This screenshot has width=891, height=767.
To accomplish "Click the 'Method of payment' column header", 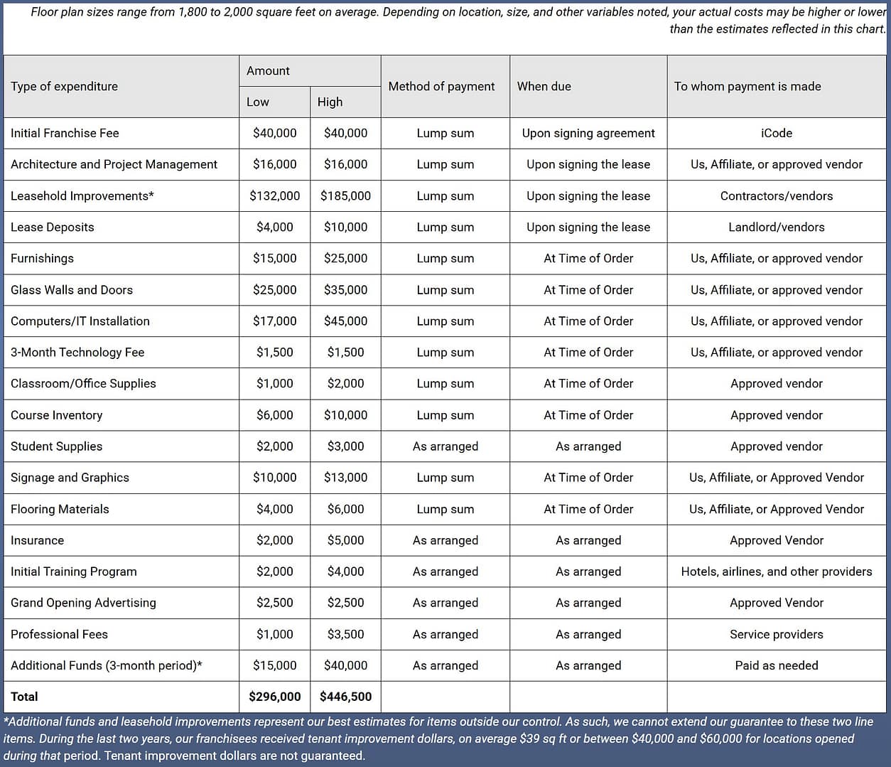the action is point(441,86).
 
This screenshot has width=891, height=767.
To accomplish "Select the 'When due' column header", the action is point(544,86).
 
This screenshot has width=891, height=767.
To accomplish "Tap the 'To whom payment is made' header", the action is point(747,86).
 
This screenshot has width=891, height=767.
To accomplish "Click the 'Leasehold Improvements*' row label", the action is point(82,195).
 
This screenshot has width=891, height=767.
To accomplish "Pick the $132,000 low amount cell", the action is point(274,195).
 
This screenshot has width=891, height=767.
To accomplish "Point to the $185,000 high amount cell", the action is point(345,195).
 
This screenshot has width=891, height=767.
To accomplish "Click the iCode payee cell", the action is point(776,133).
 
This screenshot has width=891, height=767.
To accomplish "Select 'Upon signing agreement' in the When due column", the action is point(588,133).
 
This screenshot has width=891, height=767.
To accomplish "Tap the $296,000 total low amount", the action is point(274,697).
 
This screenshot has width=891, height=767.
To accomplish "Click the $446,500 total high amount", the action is point(345,697).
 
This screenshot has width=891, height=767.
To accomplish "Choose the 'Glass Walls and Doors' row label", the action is point(72,290).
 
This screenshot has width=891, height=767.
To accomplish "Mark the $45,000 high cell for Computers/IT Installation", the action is point(345,321).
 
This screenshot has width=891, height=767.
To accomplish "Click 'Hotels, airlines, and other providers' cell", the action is point(776,572).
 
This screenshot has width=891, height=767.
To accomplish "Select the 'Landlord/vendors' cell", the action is point(776,227).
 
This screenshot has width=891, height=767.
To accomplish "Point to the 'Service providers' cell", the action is point(776,634).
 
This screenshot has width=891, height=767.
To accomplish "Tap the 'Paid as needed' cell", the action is point(776,665).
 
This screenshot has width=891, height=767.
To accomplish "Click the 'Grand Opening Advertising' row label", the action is point(83,603).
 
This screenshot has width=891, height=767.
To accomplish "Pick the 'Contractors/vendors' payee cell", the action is point(776,195).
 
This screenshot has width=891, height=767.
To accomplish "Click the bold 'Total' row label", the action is point(24,697).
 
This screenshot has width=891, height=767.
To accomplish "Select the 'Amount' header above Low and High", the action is point(268,71).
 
